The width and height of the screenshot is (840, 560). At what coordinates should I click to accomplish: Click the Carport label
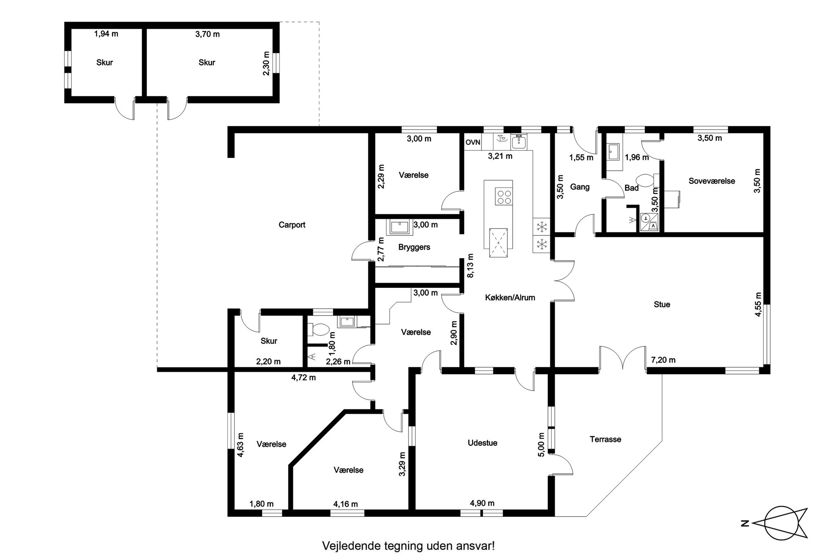(x=292, y=225)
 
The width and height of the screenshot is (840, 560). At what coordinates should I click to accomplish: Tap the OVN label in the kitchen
(x=473, y=142)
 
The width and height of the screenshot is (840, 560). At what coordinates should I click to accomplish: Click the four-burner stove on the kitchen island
(x=503, y=197)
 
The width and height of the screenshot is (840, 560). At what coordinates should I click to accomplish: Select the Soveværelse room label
(x=712, y=181)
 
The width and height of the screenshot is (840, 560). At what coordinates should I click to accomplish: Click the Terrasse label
(x=605, y=439)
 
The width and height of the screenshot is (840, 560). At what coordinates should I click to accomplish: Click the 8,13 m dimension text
(x=470, y=266)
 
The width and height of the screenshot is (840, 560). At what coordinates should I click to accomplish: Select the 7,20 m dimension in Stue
(x=663, y=360)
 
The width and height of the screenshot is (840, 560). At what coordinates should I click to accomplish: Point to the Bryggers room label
(x=414, y=247)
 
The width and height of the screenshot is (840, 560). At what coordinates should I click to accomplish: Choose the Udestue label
(x=482, y=443)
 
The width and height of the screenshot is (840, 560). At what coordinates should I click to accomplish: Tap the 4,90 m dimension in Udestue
(x=482, y=503)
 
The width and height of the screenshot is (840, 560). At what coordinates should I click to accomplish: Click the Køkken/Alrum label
(x=510, y=298)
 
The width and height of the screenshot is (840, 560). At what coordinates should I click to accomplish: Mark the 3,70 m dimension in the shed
(x=207, y=34)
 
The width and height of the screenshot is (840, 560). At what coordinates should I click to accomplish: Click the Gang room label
(x=580, y=187)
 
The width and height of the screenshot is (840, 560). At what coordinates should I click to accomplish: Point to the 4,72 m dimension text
(x=304, y=378)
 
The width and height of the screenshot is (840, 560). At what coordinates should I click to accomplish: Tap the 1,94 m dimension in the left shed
(x=106, y=34)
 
